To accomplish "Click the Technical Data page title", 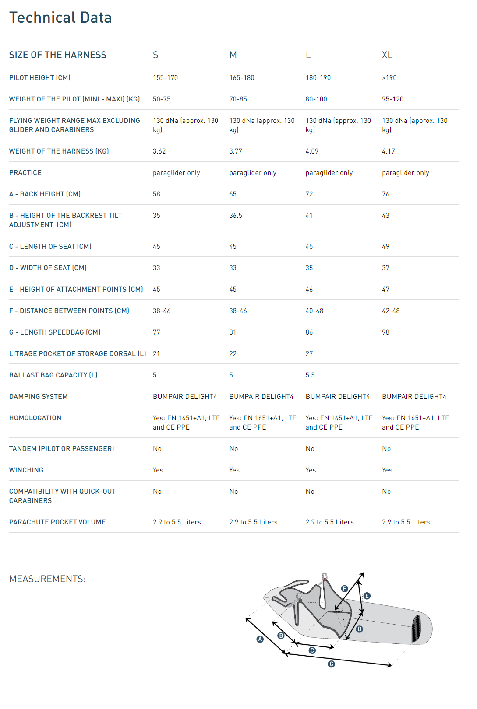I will click(60, 17).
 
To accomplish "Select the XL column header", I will click(387, 55).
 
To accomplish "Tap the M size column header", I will click(233, 55).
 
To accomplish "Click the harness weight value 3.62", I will click(159, 151).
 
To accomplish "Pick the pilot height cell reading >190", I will click(389, 78).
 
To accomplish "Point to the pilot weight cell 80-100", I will click(316, 99).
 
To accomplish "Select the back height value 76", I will click(385, 194).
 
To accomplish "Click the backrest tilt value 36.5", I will click(236, 216).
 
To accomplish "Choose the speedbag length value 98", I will click(385, 332).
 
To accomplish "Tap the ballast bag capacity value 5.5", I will click(310, 375).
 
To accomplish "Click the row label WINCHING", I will click(26, 470).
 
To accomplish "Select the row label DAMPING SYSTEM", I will click(39, 397).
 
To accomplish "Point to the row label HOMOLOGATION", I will click(35, 418).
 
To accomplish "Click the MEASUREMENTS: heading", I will click(47, 579).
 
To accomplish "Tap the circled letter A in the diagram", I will click(260, 639).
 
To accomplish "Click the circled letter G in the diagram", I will click(332, 664).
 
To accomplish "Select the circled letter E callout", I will click(367, 596).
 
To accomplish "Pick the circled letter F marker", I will click(345, 589).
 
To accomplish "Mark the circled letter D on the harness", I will click(359, 629).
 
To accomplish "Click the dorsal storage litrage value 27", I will click(309, 354).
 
